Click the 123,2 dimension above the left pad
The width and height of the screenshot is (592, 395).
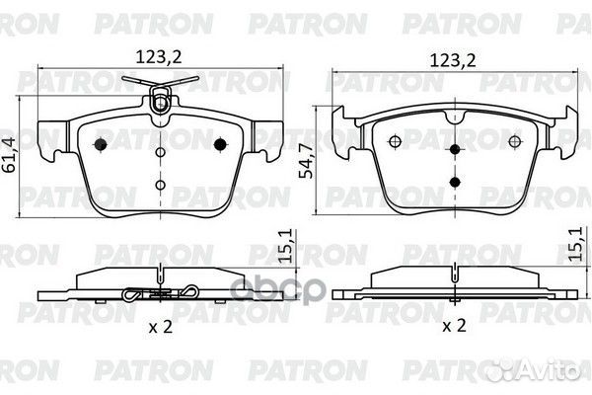click(159, 57)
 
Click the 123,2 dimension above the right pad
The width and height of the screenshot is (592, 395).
click(453, 60)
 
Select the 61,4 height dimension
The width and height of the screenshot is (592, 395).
click(8, 155)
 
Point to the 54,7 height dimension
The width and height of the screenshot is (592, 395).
click(306, 161)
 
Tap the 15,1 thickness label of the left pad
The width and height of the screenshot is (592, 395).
click(287, 246)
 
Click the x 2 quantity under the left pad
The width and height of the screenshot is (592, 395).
click(161, 326)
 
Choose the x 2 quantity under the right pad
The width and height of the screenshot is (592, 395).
click(454, 326)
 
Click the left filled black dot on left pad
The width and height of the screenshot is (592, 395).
click(100, 144)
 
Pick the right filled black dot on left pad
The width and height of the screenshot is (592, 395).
click(220, 144)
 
